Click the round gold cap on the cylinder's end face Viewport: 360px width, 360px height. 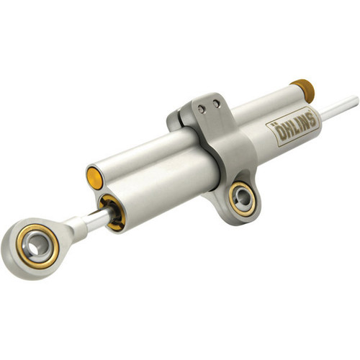point(94,176)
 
